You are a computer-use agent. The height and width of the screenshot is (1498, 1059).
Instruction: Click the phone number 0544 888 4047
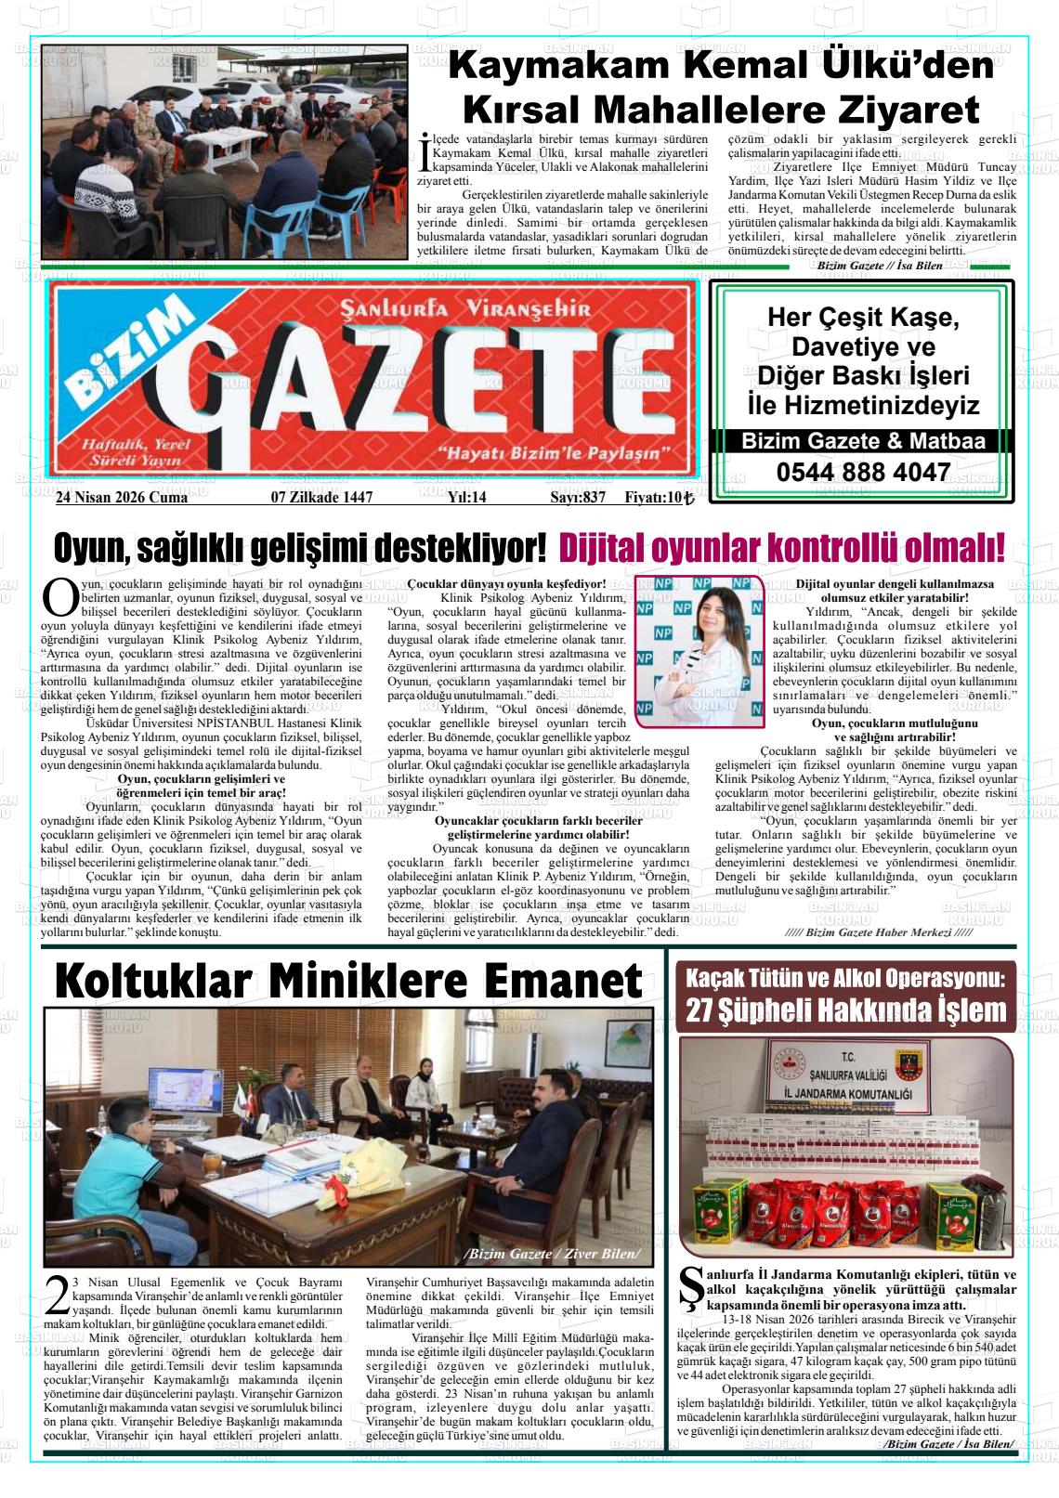pyautogui.click(x=863, y=473)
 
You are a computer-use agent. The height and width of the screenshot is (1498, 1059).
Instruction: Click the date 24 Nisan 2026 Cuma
pyautogui.click(x=122, y=498)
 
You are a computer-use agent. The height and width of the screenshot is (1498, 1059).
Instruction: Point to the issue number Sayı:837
pyautogui.click(x=577, y=498)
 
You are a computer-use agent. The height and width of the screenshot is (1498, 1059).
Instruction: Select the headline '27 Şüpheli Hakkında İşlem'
pyautogui.click(x=846, y=1010)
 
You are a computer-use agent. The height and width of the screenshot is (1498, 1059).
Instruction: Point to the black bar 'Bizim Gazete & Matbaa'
pyautogui.click(x=863, y=442)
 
